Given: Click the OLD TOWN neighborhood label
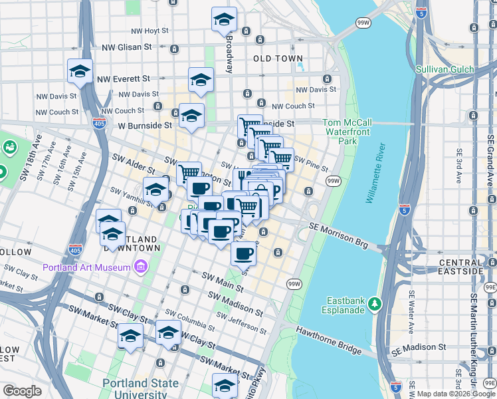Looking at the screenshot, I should click(278, 59).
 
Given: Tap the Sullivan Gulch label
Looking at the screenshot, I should click(445, 69).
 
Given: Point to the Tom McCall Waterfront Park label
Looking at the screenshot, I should click(348, 132).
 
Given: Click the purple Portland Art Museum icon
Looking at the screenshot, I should click(140, 267).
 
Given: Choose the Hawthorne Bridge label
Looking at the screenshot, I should click(328, 339).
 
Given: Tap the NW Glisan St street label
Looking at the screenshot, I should click(127, 47).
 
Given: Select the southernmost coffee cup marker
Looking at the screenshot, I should click(244, 253).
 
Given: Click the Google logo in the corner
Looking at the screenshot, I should click(22, 391).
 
